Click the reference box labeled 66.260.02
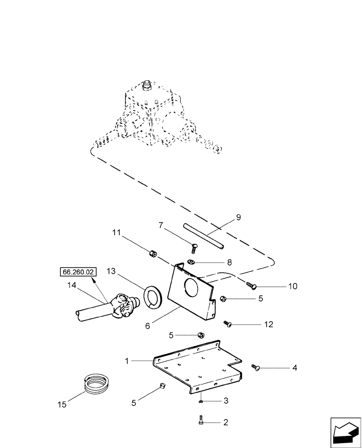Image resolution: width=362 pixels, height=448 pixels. pos(77,271)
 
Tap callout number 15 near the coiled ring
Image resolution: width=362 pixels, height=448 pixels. pos(61,404)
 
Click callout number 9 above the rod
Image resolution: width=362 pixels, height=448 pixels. pos(238,218)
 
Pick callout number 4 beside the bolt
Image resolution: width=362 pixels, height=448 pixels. pos(294,368)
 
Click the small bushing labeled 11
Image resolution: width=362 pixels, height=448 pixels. pos(152,254)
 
